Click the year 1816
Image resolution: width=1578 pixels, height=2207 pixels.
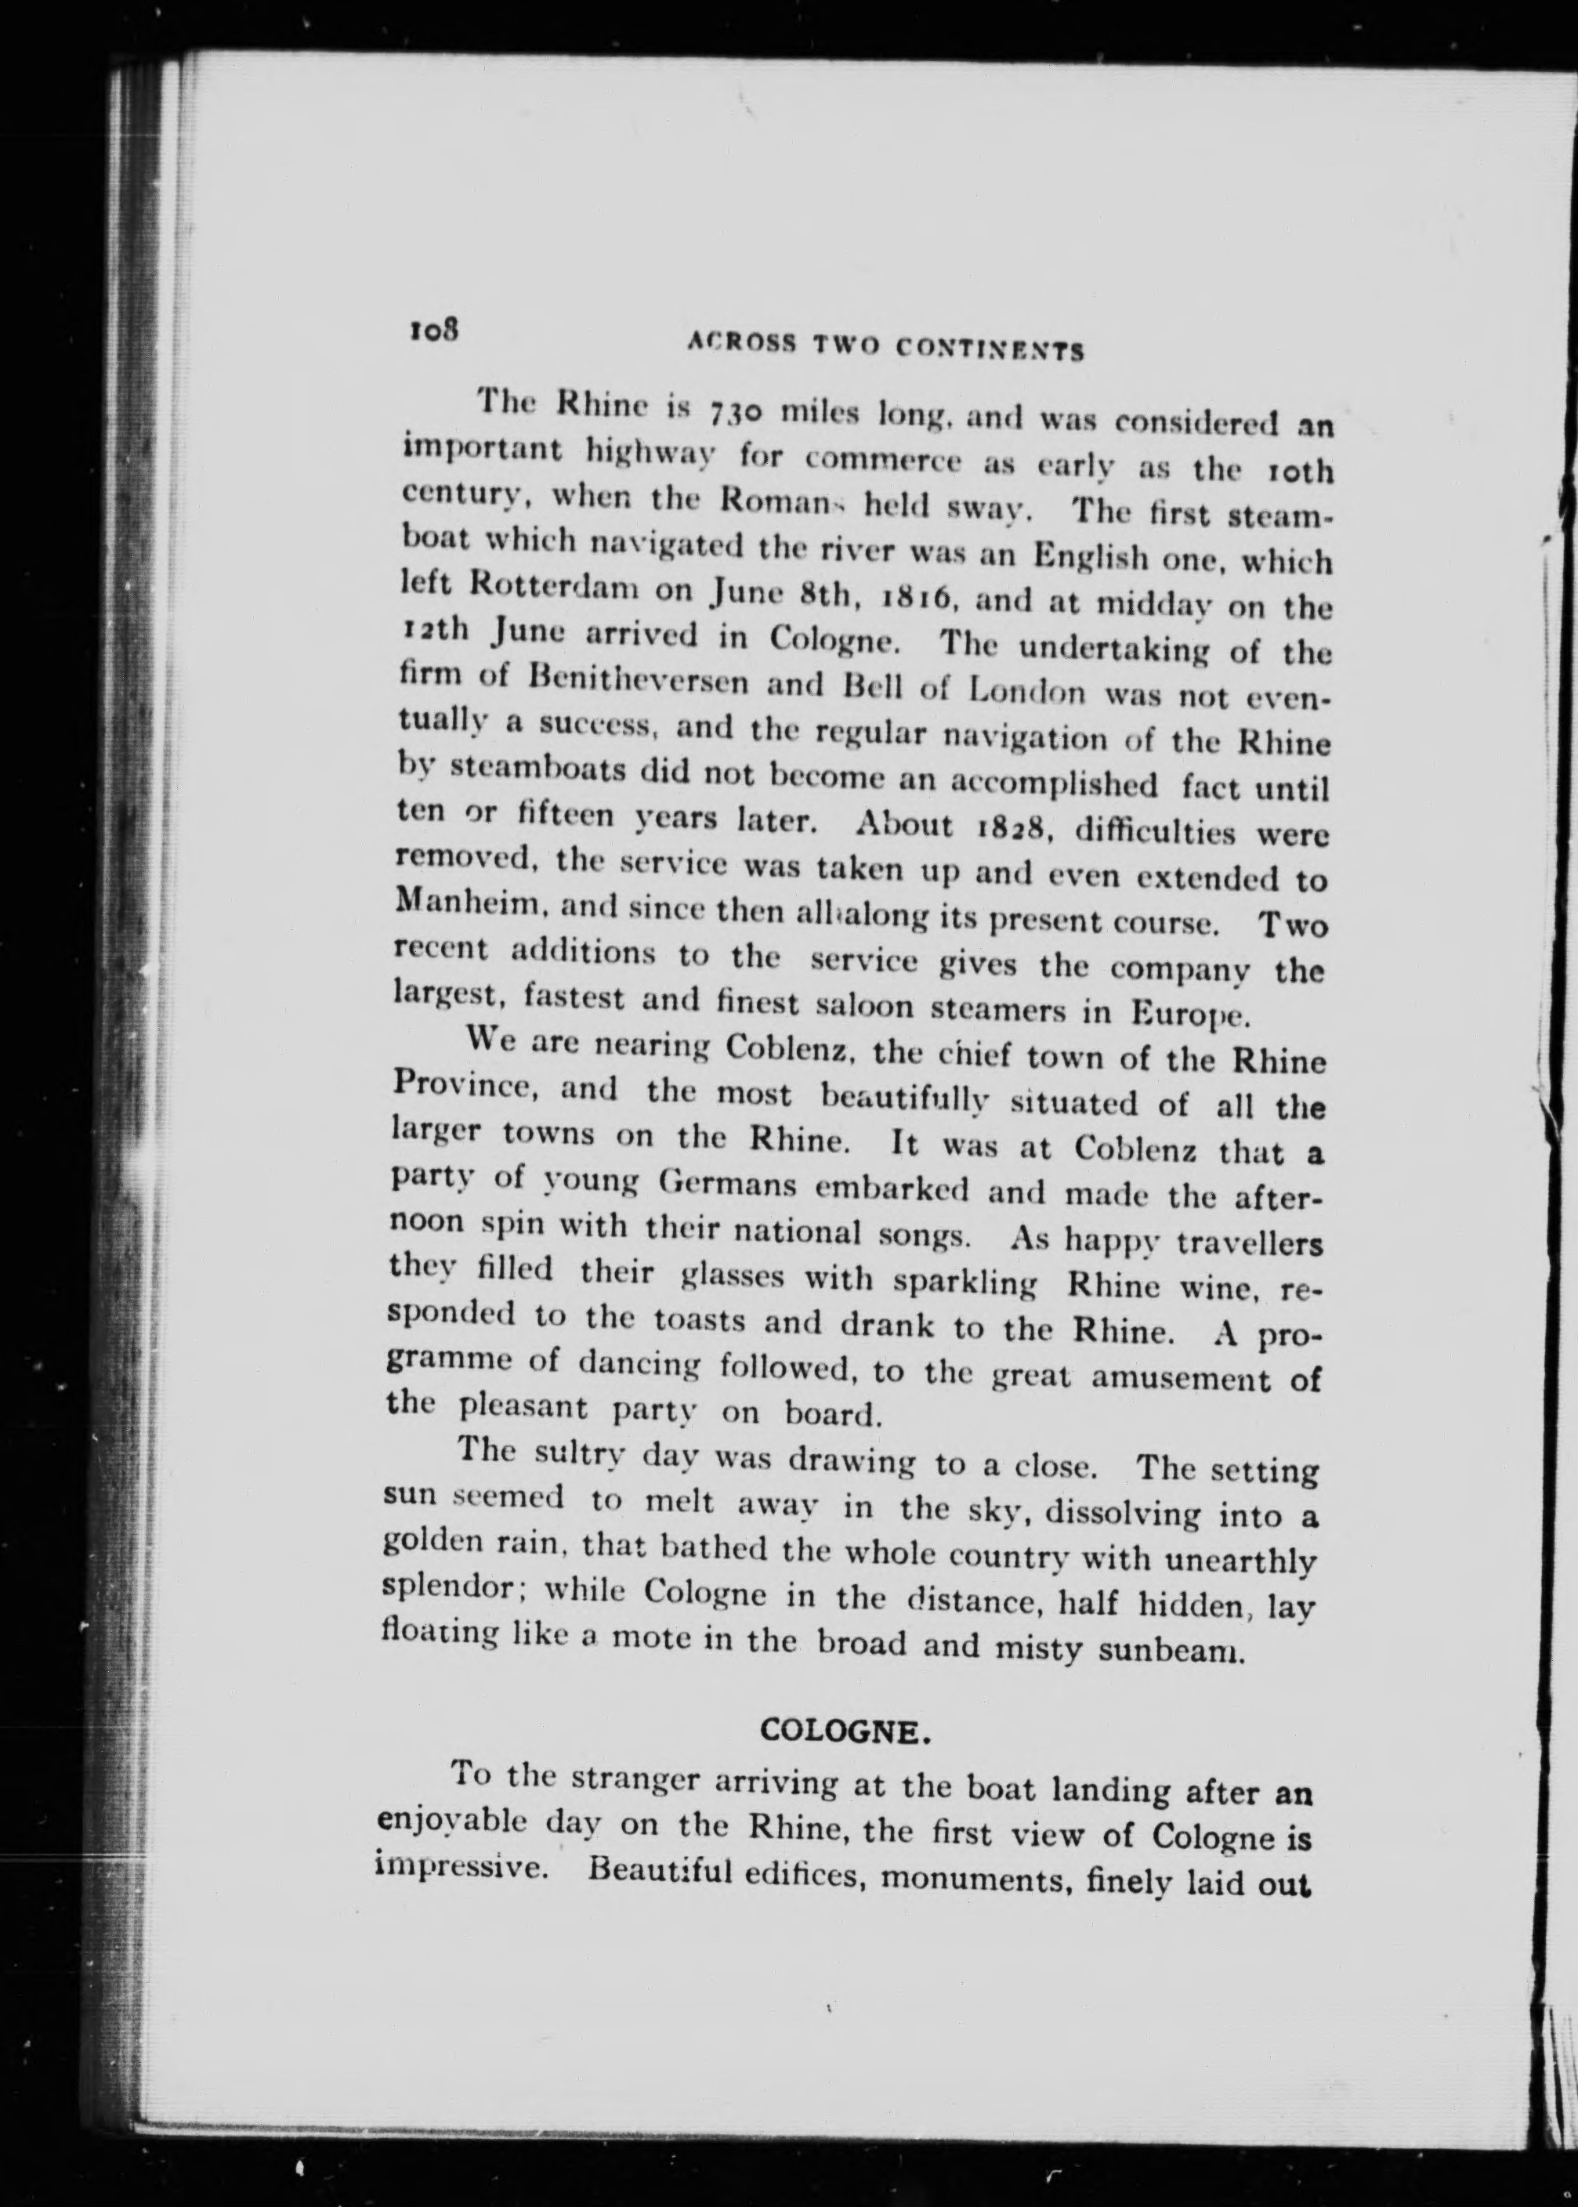coord(914,598)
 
